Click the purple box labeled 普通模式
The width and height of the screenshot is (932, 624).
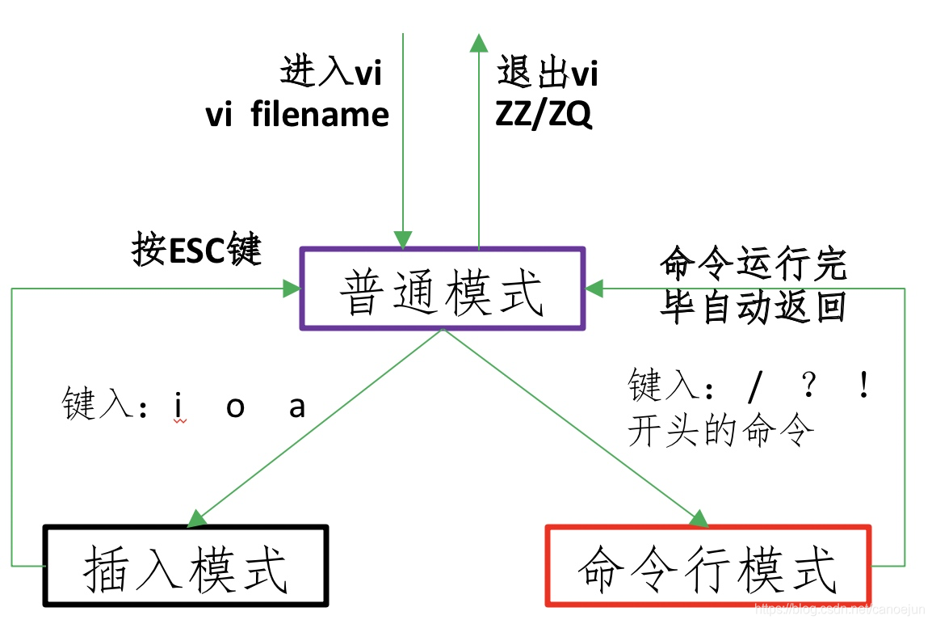coord(443,289)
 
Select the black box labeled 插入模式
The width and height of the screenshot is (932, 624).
coord(186,566)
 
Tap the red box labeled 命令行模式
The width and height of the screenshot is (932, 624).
coord(708,566)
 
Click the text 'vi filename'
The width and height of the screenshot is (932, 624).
coord(297,115)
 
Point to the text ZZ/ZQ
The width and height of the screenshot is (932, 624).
coord(544,115)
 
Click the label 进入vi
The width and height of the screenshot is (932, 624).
coord(330,73)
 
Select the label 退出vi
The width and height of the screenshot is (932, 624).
coord(548,73)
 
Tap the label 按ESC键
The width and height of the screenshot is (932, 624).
coord(196,251)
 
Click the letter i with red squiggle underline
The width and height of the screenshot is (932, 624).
coord(178,406)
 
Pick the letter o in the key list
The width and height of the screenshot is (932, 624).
coord(235,407)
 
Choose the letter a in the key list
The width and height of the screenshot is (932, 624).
coord(297,407)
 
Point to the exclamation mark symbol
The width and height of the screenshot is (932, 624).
coord(864,387)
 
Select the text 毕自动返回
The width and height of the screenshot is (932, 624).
coord(753,308)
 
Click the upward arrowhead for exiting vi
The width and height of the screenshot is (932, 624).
coord(479,42)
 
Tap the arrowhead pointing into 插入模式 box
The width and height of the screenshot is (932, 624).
coord(196,517)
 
